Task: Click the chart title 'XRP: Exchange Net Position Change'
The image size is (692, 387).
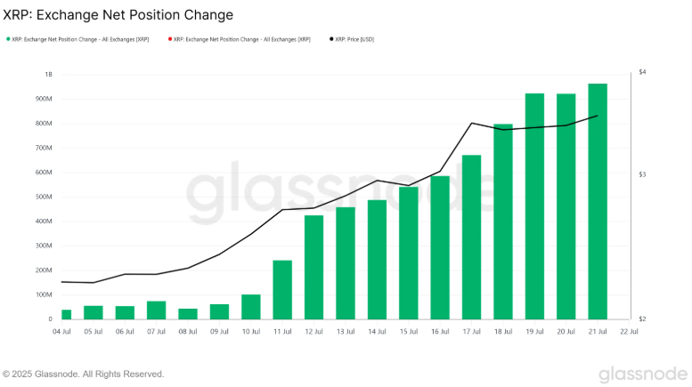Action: pyautogui.click(x=118, y=15)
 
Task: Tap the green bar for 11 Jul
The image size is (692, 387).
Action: pyautogui.click(x=282, y=289)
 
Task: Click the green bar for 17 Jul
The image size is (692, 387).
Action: pyautogui.click(x=471, y=237)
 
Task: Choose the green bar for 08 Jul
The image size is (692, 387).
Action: pyautogui.click(x=188, y=313)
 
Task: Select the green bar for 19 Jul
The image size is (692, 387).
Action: pyautogui.click(x=534, y=206)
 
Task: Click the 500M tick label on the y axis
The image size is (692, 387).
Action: pyautogui.click(x=44, y=197)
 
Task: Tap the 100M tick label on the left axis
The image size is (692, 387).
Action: pyautogui.click(x=44, y=294)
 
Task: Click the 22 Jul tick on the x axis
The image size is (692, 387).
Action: pyautogui.click(x=629, y=331)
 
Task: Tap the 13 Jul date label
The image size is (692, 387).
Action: pyautogui.click(x=346, y=331)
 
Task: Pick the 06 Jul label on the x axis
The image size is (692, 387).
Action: pyautogui.click(x=125, y=331)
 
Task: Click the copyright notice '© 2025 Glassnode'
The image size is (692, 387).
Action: pyautogui.click(x=84, y=374)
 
